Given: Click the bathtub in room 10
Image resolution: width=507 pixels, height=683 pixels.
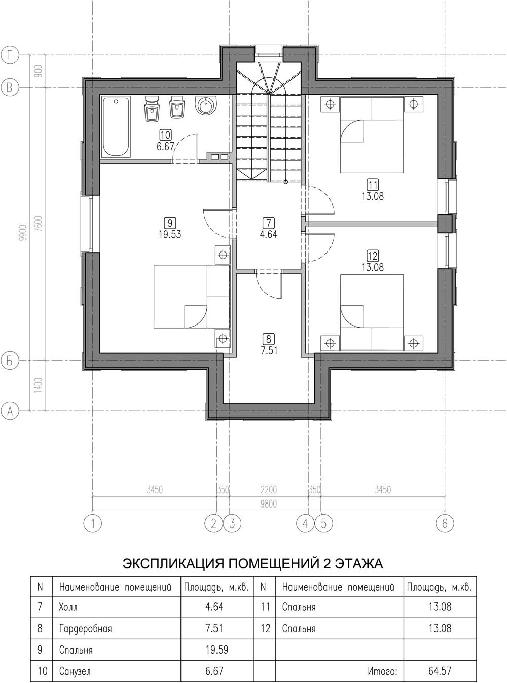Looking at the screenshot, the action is (x=116, y=127).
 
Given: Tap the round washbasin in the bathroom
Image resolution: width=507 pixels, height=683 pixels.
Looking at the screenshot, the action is (x=206, y=105).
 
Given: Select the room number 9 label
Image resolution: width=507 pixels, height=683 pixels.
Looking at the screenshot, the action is (x=170, y=222).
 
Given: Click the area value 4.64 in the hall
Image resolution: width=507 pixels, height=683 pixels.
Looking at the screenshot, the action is (x=269, y=234).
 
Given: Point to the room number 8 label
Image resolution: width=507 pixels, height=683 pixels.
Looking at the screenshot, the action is (x=269, y=339).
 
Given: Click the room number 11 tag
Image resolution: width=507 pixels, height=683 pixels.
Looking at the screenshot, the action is (x=373, y=185).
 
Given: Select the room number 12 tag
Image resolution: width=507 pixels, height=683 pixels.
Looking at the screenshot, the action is (x=373, y=256).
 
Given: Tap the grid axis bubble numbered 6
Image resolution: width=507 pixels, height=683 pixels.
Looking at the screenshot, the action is (x=445, y=523).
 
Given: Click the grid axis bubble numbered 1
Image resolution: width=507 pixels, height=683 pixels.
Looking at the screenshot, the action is (x=92, y=523).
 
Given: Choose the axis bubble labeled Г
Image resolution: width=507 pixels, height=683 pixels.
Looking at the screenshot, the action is (x=10, y=55).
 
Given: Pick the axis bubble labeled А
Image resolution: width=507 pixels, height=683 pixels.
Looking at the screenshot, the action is (x=10, y=411).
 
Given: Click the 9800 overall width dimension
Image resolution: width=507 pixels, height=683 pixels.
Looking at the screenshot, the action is (x=269, y=504).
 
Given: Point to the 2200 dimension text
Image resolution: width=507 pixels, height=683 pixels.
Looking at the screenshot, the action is (x=269, y=490).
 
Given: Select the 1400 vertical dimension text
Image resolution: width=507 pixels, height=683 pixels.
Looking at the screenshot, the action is (x=38, y=385).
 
